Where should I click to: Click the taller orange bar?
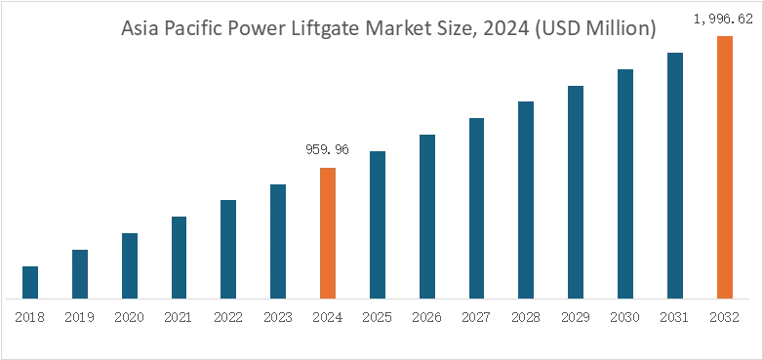(724, 166)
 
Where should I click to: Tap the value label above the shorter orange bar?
(328, 149)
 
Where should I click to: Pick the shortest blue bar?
(29, 281)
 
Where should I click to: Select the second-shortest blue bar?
(81, 273)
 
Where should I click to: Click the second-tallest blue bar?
(627, 181)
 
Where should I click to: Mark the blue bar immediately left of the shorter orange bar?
(277, 239)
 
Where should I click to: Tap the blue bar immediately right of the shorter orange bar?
(379, 223)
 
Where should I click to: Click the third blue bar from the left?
(129, 262)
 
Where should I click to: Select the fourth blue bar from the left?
(179, 255)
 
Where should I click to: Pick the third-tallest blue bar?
(575, 191)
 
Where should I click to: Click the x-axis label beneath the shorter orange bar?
(328, 319)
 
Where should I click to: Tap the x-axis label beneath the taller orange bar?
(724, 319)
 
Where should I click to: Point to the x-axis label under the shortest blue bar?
(29, 319)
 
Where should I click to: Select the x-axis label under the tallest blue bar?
(675, 319)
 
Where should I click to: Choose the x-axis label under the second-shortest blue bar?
(81, 319)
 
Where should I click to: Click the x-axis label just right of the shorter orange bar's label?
(379, 319)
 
